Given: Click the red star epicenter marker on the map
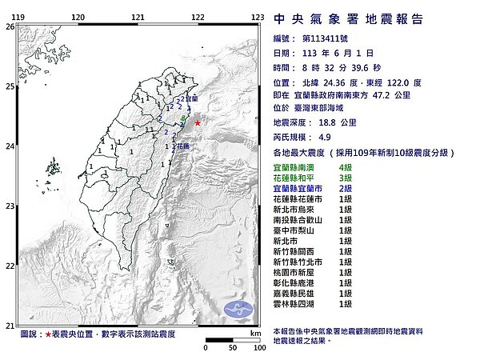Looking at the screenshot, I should point(197,123).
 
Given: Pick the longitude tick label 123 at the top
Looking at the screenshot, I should point(258,17).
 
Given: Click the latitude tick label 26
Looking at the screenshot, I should point(10,26).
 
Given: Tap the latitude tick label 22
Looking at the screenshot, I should point(10,266).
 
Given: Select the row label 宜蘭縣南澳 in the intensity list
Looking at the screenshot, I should point(294,166).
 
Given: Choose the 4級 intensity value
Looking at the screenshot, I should point(346,166).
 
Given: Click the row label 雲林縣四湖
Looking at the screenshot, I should point(294,304).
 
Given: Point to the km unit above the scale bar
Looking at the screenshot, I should point(255,333).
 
